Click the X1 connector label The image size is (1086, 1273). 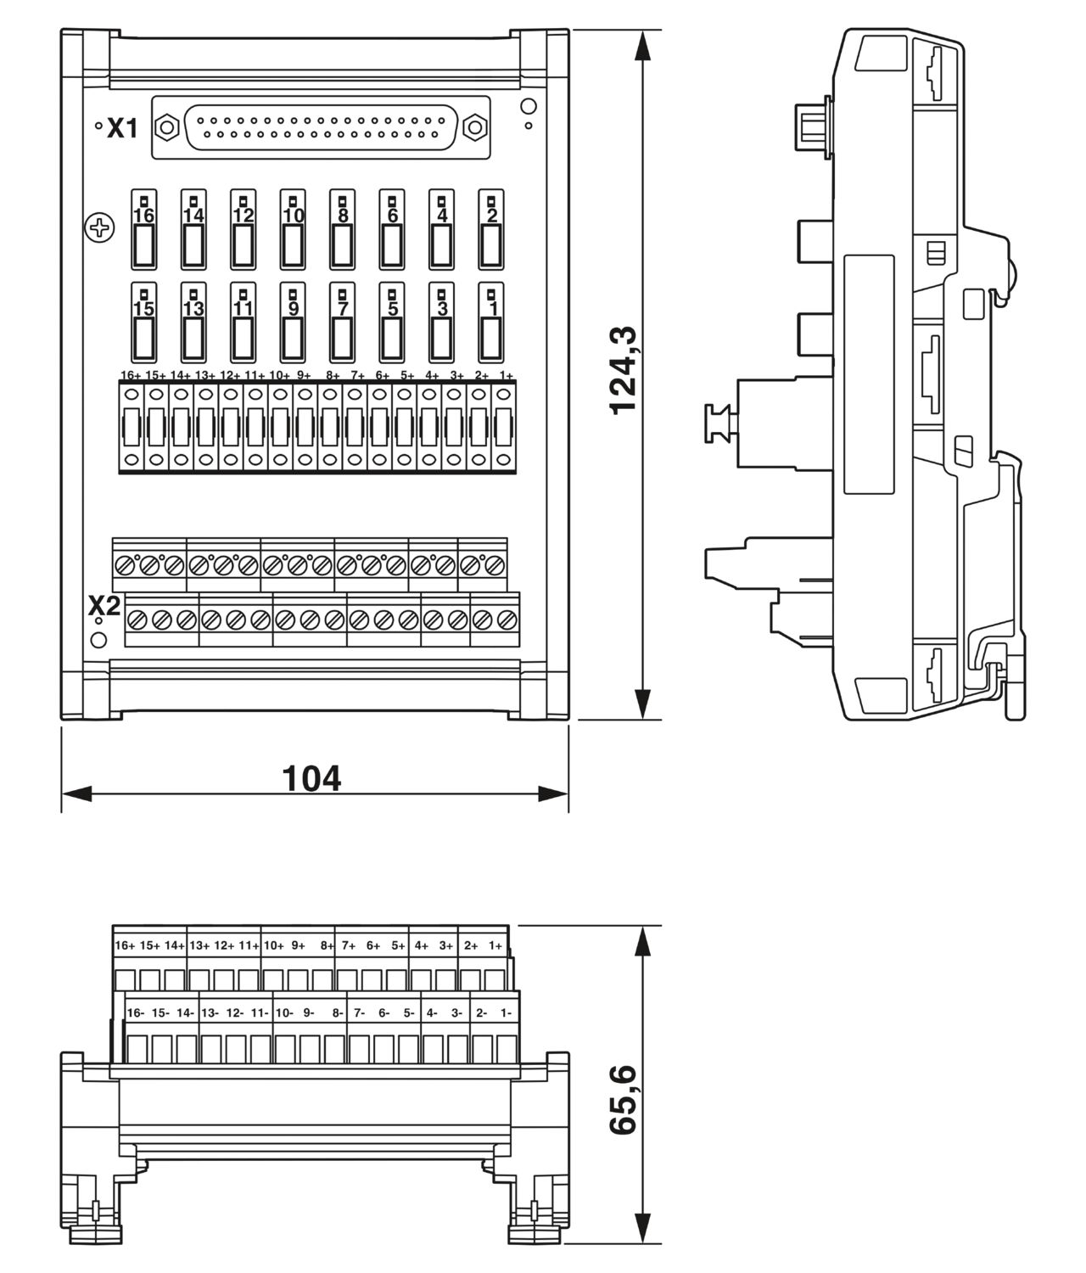[122, 128]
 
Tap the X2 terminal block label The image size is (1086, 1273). [104, 605]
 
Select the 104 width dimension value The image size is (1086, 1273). [311, 778]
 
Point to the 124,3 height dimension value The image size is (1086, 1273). [623, 371]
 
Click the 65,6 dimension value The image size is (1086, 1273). [623, 1099]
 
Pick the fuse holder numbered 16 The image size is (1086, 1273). [143, 230]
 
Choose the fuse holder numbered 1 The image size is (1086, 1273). [490, 322]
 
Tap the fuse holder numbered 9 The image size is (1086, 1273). [293, 322]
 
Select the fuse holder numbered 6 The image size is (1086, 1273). [391, 230]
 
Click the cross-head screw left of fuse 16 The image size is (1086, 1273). [99, 228]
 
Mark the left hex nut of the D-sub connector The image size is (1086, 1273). [166, 127]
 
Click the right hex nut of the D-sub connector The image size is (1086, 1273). [474, 127]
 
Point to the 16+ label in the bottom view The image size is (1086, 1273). [125, 945]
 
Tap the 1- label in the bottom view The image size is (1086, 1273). [506, 1012]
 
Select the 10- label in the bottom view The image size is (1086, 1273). [284, 1012]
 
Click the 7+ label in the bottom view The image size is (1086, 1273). [349, 945]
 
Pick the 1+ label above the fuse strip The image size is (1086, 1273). [506, 375]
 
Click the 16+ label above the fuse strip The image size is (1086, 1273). [131, 375]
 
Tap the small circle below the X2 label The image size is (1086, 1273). [98, 640]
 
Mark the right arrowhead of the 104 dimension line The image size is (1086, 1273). [553, 794]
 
